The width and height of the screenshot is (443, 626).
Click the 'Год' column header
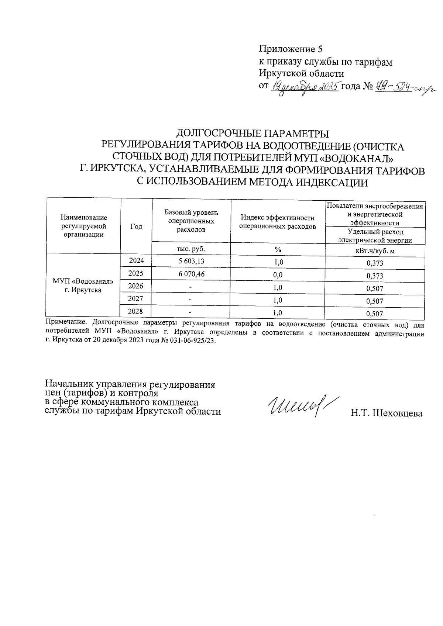[136, 227]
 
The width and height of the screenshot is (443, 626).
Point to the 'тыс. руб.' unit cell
[191, 249]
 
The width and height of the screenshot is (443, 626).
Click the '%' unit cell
[278, 250]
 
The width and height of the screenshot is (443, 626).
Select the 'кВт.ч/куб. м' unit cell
[375, 251]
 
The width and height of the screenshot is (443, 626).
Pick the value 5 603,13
[191, 261]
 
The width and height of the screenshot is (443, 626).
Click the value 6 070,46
[191, 274]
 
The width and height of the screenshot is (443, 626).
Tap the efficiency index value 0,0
[278, 275]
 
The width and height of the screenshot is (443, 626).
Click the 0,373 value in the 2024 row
[375, 263]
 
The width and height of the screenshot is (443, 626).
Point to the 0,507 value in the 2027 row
[375, 301]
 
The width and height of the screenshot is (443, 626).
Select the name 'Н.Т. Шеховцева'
[386, 414]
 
